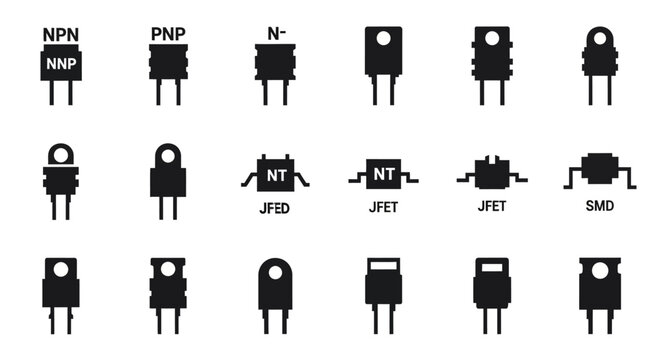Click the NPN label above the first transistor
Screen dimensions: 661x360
(x=61, y=33)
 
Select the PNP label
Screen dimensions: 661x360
(x=168, y=33)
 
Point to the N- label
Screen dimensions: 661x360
(x=275, y=33)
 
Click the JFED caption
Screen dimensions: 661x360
(x=276, y=210)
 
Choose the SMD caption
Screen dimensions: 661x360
(x=599, y=207)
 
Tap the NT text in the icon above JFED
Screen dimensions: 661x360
(x=276, y=176)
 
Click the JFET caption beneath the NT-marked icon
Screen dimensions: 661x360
(x=383, y=208)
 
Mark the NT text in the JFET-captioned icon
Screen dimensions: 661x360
(x=383, y=174)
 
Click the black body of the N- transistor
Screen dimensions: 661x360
(x=275, y=62)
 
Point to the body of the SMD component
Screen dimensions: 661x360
(x=599, y=171)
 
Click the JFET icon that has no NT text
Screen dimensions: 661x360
(x=491, y=174)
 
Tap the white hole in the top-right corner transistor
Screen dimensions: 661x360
(x=599, y=38)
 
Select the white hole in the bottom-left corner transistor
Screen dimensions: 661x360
(x=61, y=269)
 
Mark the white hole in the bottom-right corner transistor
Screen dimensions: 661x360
(x=599, y=270)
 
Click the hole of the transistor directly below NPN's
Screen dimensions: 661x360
(x=61, y=155)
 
